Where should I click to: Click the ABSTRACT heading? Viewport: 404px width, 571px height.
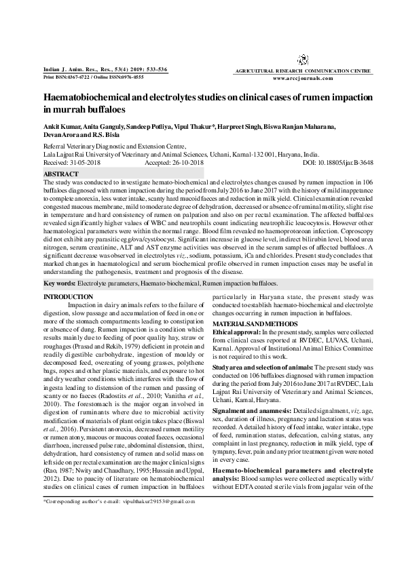pyautogui.click(x=60, y=174)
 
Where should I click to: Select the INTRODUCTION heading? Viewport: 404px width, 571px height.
pyautogui.click(x=68, y=298)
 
